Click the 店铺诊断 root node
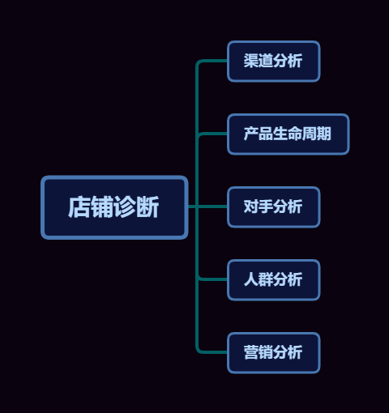coord(114,207)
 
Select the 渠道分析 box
coord(274,62)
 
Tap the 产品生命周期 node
coord(289,134)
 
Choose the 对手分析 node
coord(274,207)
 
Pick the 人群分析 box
coord(274,280)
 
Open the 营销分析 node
coord(274,353)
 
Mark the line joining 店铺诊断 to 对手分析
coord(207,206)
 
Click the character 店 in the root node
coord(79,207)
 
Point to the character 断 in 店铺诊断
coord(147,207)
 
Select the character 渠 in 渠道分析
coord(251,61)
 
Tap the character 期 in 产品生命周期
coord(323,134)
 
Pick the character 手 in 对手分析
coord(266,206)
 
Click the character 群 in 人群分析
coord(266,279)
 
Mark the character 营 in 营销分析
coord(251,352)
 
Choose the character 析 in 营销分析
coord(295,352)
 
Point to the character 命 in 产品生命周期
coord(295,134)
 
